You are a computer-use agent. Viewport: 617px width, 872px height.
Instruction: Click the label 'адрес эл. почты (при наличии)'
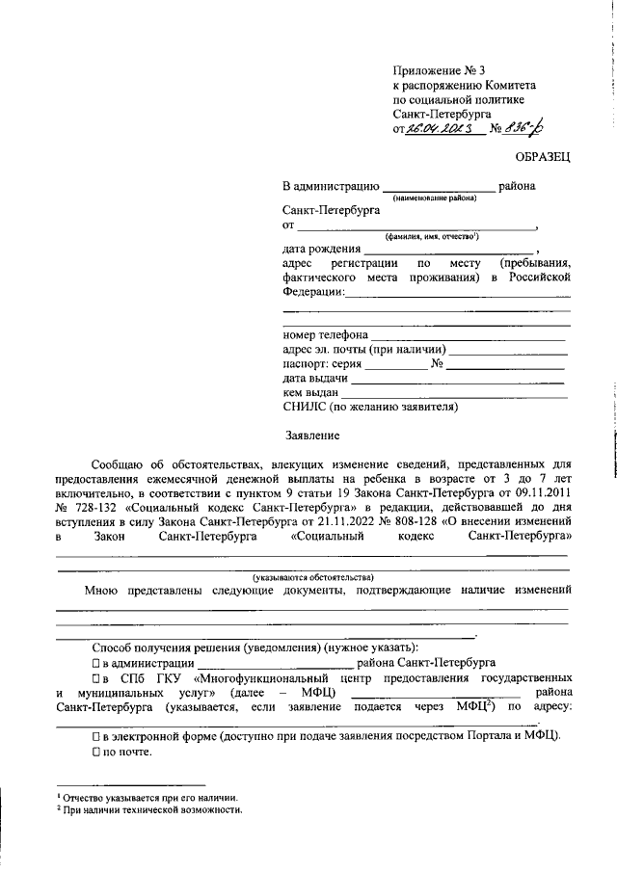(x=363, y=350)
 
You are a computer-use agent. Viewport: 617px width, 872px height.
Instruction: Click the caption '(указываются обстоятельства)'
(x=313, y=576)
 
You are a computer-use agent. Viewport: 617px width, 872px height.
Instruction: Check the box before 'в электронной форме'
(x=96, y=735)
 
